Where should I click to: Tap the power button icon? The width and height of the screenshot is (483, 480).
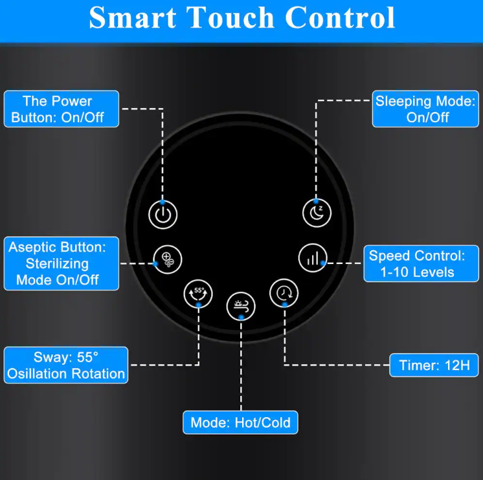(x=163, y=215)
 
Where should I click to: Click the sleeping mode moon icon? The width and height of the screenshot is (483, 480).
(x=317, y=213)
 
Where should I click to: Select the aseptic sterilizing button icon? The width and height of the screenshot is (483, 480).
(x=168, y=259)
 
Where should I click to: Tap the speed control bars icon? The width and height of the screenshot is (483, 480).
(x=313, y=258)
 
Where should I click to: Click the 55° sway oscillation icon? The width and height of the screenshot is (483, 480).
(x=198, y=294)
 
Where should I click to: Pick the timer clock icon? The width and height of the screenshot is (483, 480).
(x=284, y=293)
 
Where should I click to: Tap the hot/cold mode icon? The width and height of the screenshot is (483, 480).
(x=241, y=306)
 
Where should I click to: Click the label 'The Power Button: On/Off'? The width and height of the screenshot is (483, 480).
(x=62, y=109)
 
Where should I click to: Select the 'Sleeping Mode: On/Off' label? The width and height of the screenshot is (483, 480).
(x=425, y=109)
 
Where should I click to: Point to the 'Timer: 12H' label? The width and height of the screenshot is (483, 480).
(x=434, y=365)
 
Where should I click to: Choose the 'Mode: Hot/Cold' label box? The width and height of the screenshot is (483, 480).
(x=240, y=422)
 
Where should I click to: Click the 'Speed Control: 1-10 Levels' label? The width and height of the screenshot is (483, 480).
(x=421, y=264)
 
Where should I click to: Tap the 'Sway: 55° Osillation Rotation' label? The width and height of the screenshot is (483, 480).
(x=66, y=365)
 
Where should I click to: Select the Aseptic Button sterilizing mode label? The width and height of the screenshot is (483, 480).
(x=62, y=263)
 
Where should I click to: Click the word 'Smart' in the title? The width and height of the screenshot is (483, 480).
(x=133, y=18)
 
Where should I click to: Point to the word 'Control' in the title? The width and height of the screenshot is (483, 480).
(x=340, y=18)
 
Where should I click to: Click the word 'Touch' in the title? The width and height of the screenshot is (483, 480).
(x=230, y=18)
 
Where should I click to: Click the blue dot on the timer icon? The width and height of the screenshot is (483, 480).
(x=285, y=305)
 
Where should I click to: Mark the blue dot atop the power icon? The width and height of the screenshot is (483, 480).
(x=163, y=202)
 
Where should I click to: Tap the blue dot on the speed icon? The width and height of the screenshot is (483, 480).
(x=323, y=263)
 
